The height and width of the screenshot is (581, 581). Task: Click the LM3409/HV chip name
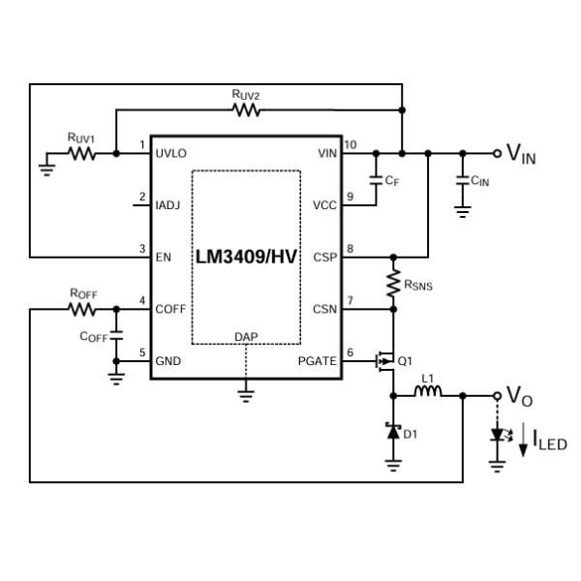[x=246, y=258]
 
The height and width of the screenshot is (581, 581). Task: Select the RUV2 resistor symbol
[x=247, y=110]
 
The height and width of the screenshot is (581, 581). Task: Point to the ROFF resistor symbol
[x=82, y=310]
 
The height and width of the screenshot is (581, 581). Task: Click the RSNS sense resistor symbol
[x=393, y=283]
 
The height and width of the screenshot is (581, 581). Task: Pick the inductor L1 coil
[x=428, y=392]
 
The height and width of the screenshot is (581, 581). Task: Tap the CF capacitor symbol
[x=375, y=180]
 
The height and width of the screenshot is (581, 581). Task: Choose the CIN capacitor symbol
[x=463, y=181]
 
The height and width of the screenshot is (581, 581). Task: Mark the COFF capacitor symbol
[x=117, y=335]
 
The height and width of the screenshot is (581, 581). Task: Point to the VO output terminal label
[x=520, y=398]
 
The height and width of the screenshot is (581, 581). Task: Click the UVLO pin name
[x=171, y=153]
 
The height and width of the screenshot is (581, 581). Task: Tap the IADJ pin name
[x=168, y=205]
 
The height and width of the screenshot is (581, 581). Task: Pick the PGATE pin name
[x=318, y=361]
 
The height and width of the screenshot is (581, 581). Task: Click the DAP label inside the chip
[x=246, y=337]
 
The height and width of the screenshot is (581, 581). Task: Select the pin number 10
[x=350, y=145]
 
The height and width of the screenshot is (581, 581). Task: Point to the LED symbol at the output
[x=498, y=435]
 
